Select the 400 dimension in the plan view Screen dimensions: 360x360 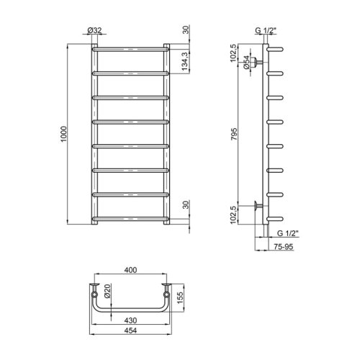[x=130, y=270]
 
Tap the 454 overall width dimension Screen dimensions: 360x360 [x=130, y=331]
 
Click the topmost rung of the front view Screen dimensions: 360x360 [x=130, y=50]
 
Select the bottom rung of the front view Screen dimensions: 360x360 [x=130, y=218]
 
